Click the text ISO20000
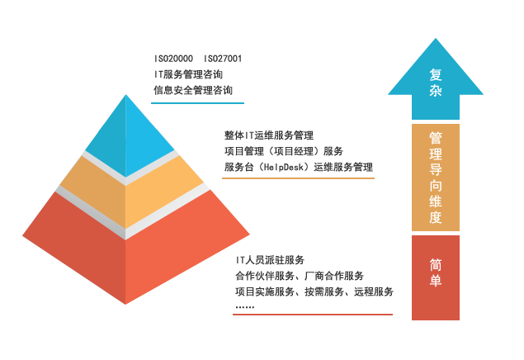[174, 59]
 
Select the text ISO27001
[223, 59]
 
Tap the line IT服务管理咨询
[188, 74]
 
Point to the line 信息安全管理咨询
[193, 89]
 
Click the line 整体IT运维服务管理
[268, 135]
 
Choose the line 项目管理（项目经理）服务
[283, 151]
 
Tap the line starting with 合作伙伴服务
[300, 277]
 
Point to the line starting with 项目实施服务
[314, 292]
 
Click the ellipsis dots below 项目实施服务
[244, 307]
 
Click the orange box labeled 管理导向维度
[436, 177]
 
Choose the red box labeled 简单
[436, 277]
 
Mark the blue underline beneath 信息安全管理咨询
[199, 103]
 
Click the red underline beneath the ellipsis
[313, 315]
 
